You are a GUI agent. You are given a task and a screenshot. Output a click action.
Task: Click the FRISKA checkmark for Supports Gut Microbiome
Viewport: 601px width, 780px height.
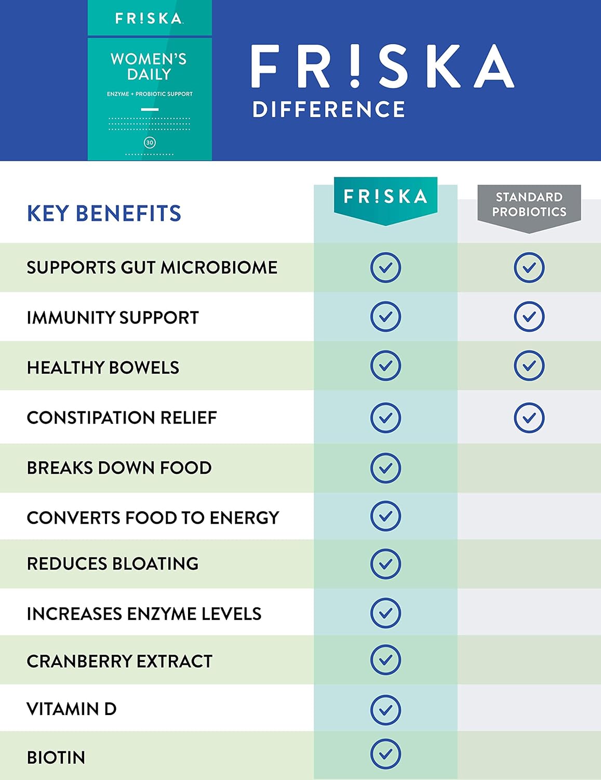[385, 268]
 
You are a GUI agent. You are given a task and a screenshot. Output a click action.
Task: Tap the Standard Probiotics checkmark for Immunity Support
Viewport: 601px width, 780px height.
[529, 317]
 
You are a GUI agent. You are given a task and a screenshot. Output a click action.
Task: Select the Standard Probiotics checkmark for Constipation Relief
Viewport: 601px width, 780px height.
[529, 418]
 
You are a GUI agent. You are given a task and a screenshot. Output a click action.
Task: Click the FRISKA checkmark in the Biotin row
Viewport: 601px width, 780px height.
[385, 754]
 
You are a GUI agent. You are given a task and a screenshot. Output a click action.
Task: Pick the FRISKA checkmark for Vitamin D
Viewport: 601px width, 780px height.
[385, 710]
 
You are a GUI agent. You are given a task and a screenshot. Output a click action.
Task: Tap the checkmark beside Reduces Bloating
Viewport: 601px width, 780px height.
[385, 564]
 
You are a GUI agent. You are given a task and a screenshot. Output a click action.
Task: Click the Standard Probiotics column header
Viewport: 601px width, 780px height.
[529, 205]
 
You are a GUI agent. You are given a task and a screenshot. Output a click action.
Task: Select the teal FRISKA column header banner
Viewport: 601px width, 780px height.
[385, 197]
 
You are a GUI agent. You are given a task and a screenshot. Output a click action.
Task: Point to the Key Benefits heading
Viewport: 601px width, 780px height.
[104, 214]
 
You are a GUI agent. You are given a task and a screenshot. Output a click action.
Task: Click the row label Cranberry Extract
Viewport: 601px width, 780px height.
[119, 661]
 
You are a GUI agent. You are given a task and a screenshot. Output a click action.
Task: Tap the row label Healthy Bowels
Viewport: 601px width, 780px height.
[103, 368]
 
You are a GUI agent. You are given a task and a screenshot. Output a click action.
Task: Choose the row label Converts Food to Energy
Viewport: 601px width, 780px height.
[153, 518]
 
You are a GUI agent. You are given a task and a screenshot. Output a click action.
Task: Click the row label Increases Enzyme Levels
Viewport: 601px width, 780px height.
[144, 614]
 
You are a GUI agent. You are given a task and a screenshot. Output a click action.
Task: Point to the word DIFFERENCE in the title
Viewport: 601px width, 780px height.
[328, 110]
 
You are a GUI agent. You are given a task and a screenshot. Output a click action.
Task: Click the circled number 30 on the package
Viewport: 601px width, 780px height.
[150, 142]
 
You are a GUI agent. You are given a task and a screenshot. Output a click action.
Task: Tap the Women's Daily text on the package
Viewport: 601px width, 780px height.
[149, 67]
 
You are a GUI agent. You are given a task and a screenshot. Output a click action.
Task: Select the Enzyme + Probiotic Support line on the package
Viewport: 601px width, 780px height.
[150, 94]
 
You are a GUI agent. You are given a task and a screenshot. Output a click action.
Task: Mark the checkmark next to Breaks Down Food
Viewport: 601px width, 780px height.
[385, 468]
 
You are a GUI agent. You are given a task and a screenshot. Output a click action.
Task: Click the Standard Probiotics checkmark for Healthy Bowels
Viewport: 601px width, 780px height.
[529, 366]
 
